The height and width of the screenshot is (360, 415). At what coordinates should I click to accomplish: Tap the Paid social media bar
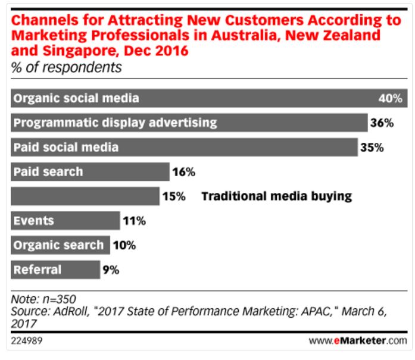click(185, 147)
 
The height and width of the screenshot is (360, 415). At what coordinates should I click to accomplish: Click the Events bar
click(65, 221)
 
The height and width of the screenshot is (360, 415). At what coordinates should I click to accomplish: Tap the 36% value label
click(382, 123)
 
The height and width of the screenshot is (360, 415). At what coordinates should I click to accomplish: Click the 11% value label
click(135, 221)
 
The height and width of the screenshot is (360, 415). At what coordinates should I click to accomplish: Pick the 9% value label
click(111, 270)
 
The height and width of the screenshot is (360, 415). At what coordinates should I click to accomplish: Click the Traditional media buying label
click(277, 196)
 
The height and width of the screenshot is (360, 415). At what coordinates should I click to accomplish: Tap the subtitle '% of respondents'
click(67, 67)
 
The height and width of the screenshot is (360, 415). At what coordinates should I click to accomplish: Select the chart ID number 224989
click(27, 341)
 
